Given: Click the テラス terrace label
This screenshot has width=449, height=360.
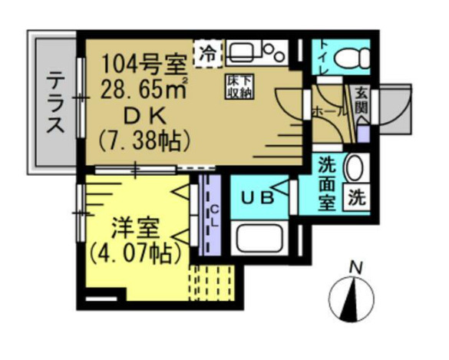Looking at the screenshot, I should (x=54, y=103).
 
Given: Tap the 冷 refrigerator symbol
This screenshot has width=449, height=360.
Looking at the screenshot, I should (x=206, y=52).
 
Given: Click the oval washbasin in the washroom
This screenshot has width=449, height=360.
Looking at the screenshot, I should (x=355, y=168).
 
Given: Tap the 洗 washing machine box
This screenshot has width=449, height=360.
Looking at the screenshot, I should (x=355, y=197).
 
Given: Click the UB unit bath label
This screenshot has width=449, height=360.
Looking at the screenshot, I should (x=258, y=198).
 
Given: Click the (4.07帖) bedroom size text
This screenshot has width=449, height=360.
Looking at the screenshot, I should (x=136, y=253).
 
